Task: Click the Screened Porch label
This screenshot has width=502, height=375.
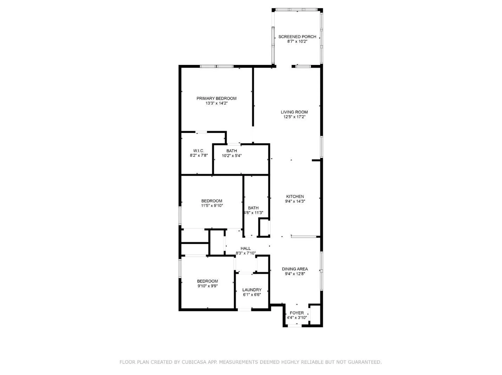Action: tap(297, 37)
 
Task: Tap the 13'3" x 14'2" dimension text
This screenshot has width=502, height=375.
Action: tap(216, 103)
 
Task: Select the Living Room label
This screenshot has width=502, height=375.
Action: tap(294, 112)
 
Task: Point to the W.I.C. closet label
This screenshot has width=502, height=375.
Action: tap(199, 151)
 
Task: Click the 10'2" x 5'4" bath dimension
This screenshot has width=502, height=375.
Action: tap(231, 156)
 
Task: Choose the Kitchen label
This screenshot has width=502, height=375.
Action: tap(295, 196)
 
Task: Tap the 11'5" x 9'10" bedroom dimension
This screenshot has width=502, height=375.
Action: tap(212, 206)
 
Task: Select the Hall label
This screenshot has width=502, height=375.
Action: tap(245, 248)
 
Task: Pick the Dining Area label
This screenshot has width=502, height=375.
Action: tap(295, 269)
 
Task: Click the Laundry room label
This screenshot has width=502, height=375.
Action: tap(252, 290)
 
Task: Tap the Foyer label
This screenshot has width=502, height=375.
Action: tap(297, 313)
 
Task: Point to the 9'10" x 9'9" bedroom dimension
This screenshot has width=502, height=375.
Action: tap(207, 286)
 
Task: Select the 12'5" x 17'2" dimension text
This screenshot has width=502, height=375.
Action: tap(294, 117)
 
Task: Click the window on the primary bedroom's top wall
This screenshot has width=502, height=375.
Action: tap(217, 66)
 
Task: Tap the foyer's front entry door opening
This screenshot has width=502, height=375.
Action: tap(294, 326)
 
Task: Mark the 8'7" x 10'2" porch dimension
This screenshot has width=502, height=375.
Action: tap(297, 41)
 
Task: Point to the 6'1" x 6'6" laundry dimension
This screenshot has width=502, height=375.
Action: tap(252, 295)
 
